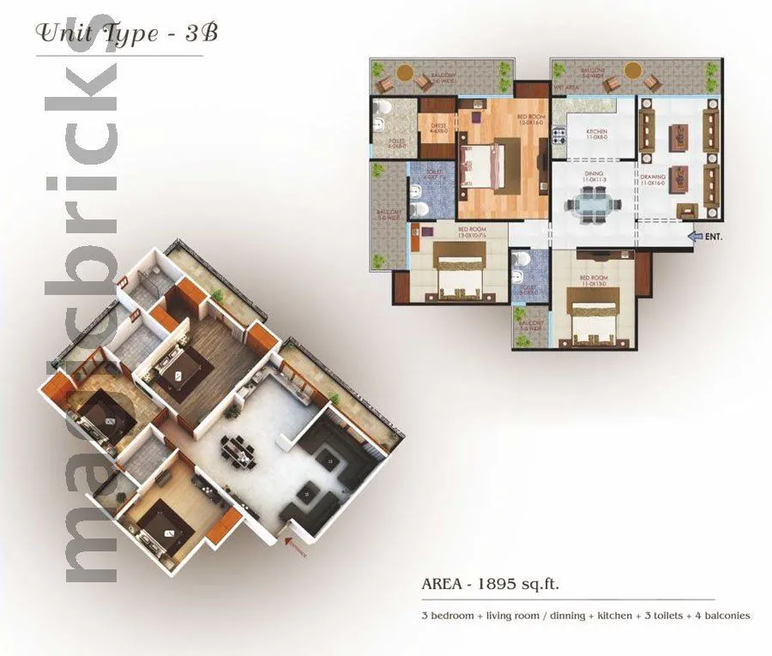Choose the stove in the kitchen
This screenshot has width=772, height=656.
pyautogui.click(x=559, y=136)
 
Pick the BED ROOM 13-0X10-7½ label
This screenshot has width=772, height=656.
pyautogui.click(x=473, y=232)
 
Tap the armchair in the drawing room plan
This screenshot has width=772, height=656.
pyautogui.click(x=686, y=210)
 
